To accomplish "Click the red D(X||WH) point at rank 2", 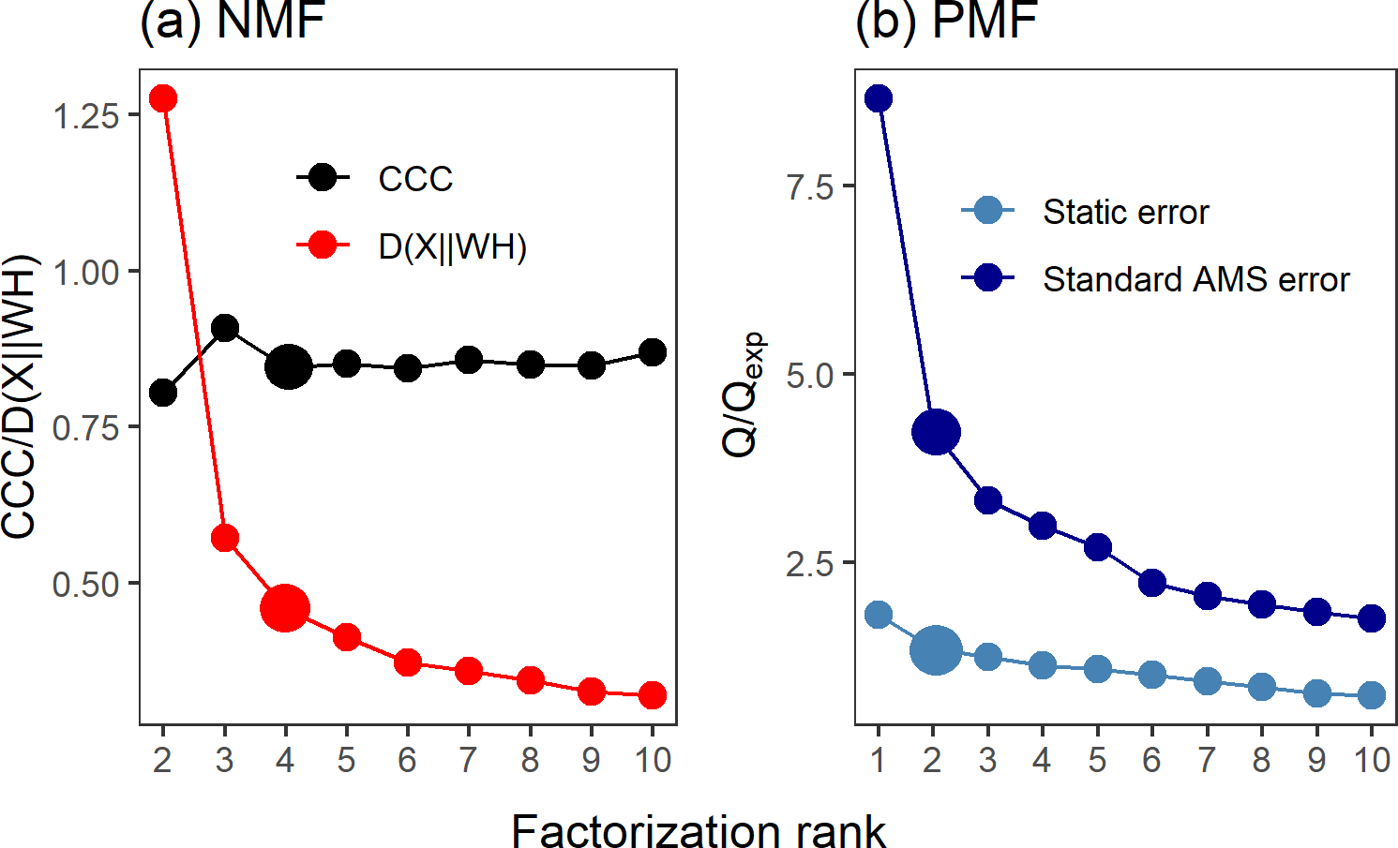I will [x=163, y=98].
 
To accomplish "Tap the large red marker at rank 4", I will [x=285, y=608].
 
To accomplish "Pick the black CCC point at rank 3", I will [x=225, y=328].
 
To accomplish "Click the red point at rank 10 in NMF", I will [x=653, y=695].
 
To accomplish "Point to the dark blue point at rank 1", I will [x=879, y=98].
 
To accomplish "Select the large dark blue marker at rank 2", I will [x=936, y=432].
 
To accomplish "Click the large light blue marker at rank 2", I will [x=936, y=649].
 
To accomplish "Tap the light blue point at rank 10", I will [x=1372, y=695].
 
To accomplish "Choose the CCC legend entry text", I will [x=415, y=179].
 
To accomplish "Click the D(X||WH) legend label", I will [x=453, y=246].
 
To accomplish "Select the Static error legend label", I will [x=1125, y=212].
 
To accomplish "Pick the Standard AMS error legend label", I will [x=1195, y=279].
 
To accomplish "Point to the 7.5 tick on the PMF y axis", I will [x=810, y=187].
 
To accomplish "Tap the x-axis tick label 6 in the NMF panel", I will [x=407, y=760].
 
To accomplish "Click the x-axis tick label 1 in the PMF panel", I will [x=879, y=760].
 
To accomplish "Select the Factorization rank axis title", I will [x=699, y=831].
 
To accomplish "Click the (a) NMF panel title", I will [x=232, y=21].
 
